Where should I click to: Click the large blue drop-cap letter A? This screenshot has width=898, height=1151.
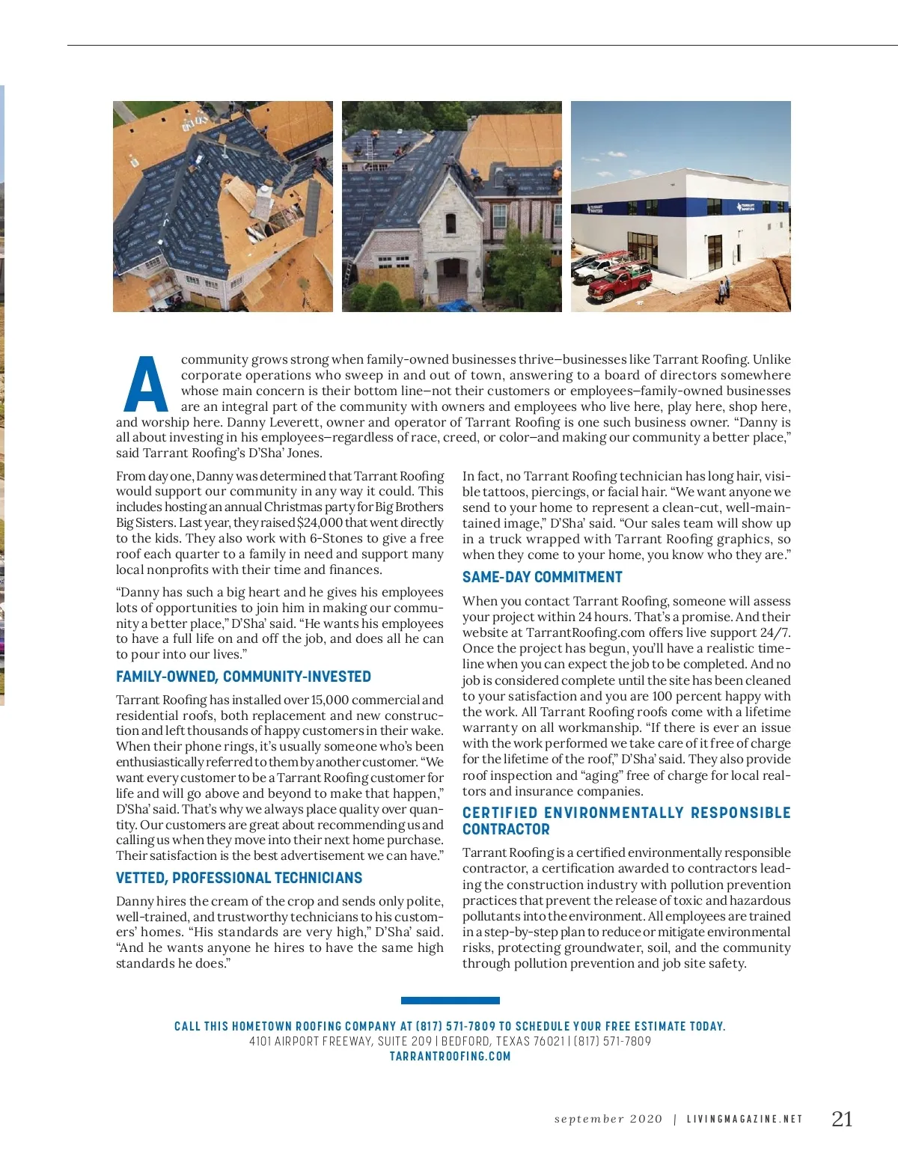147,385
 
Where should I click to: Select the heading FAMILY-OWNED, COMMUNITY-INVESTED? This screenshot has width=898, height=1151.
243,677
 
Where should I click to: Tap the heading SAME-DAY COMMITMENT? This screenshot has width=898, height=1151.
542,577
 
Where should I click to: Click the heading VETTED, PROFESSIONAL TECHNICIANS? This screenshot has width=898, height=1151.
239,878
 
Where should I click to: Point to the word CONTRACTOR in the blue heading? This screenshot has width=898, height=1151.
506,829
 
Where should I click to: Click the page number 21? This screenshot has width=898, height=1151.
842,1119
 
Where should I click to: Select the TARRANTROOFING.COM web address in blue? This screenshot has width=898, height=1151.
450,1056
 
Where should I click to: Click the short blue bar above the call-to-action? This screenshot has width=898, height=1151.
450,1001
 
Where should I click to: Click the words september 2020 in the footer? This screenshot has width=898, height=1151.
608,1120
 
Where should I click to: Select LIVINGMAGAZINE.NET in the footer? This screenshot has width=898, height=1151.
744,1120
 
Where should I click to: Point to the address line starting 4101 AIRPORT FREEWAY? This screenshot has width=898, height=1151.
450,1041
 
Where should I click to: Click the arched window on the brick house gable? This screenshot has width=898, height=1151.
450,223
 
